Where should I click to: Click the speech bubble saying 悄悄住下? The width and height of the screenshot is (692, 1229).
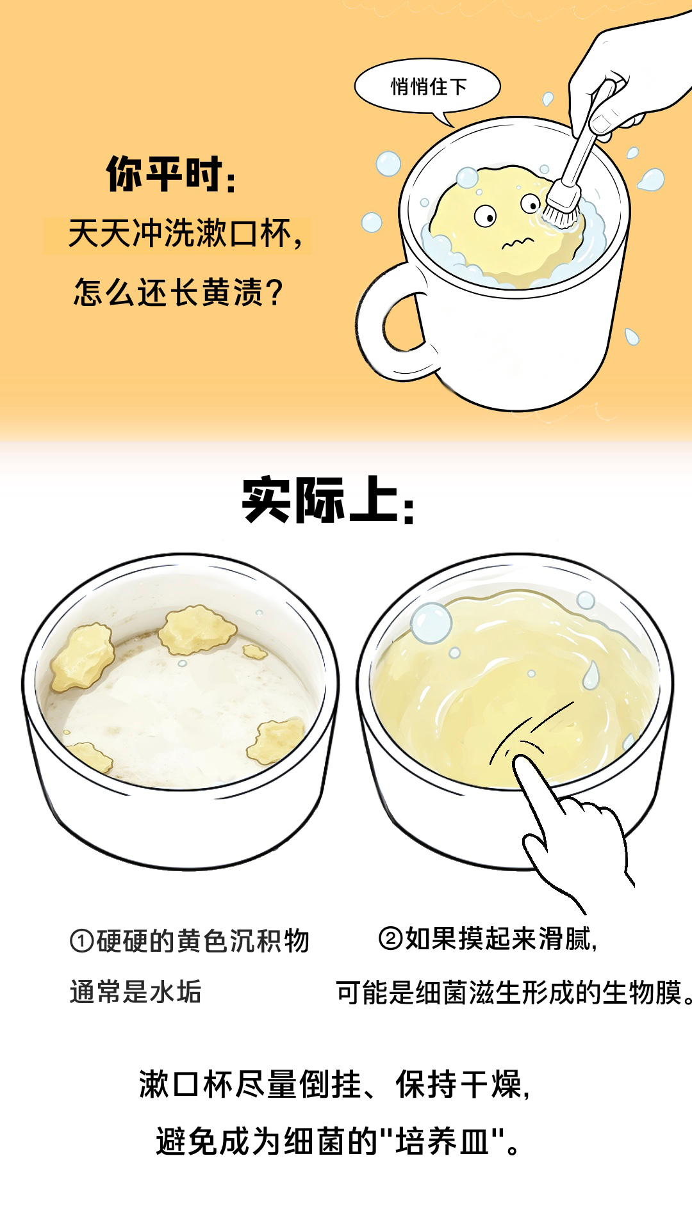[x=427, y=87]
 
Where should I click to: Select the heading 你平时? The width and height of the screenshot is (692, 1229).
[x=171, y=174]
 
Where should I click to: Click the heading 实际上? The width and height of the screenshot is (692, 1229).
[x=329, y=501]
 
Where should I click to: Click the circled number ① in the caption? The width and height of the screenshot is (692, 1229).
[x=81, y=942]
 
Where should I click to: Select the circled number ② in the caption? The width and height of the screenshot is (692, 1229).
[x=391, y=939]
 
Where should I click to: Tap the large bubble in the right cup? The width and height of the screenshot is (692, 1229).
[x=431, y=622]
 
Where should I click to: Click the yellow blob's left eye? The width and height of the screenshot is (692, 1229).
[x=485, y=216]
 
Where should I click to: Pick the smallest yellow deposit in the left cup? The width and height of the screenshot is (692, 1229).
[x=255, y=652]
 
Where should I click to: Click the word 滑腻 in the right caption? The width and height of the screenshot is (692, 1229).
[x=564, y=939]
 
